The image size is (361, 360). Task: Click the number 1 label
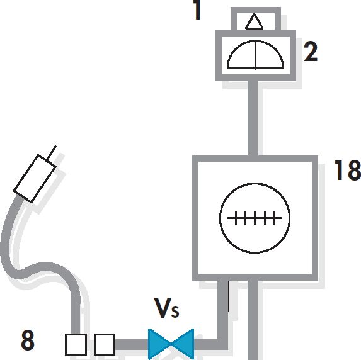197,9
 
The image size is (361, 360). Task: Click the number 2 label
311,52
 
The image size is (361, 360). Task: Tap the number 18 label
348,170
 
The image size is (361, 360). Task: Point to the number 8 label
28,340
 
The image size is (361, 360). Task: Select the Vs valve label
166,308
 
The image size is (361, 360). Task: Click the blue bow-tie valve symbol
171,344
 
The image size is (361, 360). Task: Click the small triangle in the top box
254,21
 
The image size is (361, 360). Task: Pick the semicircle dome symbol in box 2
255,55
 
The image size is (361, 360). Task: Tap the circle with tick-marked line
255,218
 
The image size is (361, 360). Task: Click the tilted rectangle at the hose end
35,179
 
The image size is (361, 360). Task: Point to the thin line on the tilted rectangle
52,152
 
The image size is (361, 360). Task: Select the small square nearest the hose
76,344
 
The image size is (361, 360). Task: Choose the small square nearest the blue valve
105,344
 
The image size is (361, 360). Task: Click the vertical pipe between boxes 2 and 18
253,118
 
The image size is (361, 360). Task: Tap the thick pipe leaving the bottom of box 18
253,320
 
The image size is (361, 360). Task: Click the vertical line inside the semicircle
256,55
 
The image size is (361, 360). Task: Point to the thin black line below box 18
228,296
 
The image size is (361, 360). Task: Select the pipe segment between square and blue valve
132,344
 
